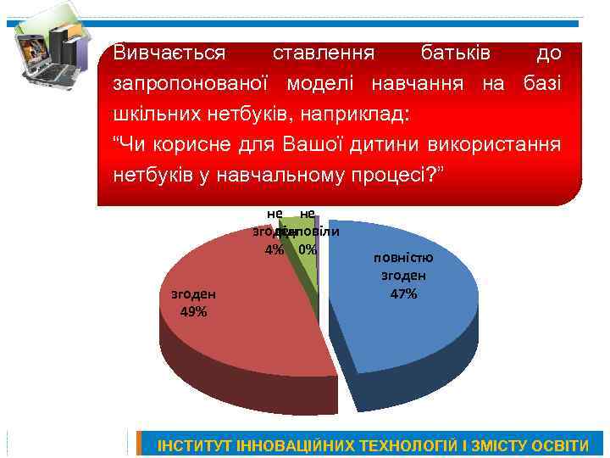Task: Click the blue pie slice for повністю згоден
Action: point(398,331)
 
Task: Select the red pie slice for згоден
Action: point(246,314)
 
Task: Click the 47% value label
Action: point(403,294)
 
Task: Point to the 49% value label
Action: point(193,310)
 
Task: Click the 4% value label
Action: point(274,249)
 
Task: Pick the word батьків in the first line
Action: point(456,53)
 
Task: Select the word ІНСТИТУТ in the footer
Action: point(194,445)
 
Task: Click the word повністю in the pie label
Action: point(403,258)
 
